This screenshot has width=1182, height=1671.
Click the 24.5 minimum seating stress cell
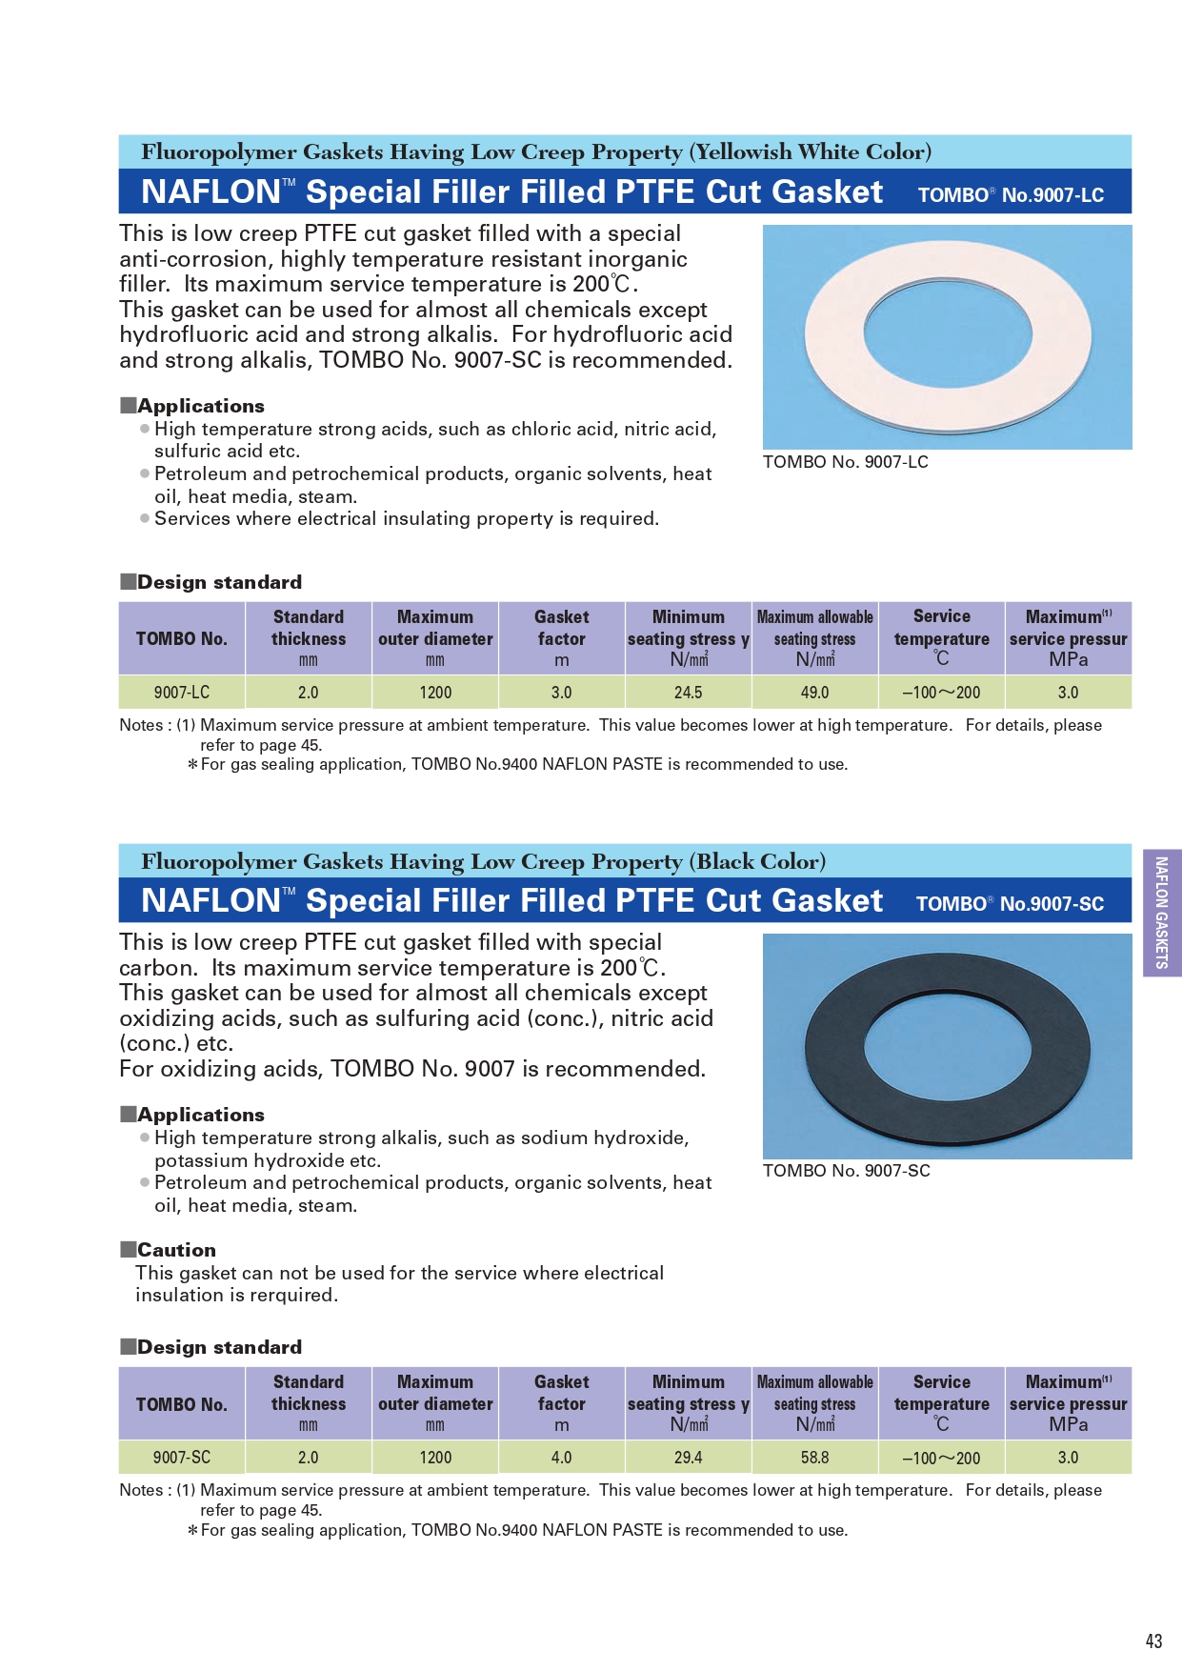688,693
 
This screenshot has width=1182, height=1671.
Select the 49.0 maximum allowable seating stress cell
814,693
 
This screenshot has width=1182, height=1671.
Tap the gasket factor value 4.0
561,1458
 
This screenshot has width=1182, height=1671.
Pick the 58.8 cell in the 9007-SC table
814,1458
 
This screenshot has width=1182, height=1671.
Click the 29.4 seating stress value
688,1458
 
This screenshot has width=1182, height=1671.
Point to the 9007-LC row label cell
182,693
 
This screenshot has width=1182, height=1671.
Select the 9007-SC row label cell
182,1458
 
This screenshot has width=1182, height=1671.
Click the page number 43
1153,1641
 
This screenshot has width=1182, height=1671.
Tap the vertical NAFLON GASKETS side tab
1161,913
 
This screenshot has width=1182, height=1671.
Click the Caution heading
176,1250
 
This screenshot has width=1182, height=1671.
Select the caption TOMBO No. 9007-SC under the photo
846,1171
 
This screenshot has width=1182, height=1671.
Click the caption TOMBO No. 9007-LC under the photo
845,462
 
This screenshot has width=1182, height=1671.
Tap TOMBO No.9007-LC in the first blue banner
1011,195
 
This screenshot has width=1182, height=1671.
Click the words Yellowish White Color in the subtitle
811,152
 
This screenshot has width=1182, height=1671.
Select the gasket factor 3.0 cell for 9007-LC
561,693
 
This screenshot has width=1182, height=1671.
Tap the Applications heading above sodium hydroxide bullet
200,1115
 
